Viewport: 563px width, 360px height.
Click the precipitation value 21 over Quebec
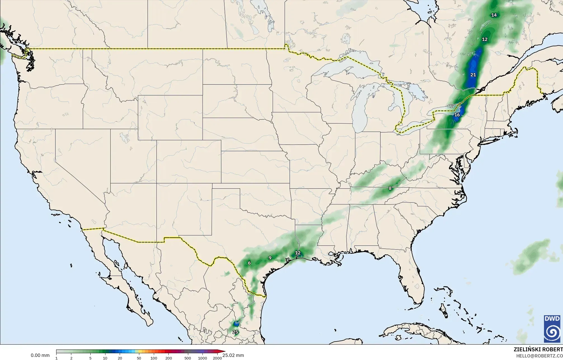pos(473,75)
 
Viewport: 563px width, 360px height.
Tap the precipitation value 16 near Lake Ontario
pos(457,115)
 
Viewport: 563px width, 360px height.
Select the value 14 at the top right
pos(494,15)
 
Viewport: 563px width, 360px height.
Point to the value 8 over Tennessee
pos(390,188)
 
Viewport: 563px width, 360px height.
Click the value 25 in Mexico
pos(235,332)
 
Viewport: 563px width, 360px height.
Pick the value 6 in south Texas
pos(249,263)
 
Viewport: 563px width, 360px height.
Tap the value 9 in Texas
pos(270,258)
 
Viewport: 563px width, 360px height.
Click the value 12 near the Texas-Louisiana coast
pos(298,253)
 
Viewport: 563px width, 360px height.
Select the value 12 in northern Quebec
pos(485,39)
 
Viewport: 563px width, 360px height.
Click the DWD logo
pos(552,329)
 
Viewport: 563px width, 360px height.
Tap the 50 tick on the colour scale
pos(139,358)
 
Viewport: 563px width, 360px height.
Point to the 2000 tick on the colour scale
pos(217,358)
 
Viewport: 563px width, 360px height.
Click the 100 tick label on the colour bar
pos(154,358)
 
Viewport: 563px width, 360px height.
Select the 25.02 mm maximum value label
pos(233,355)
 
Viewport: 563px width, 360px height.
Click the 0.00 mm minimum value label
pos(40,355)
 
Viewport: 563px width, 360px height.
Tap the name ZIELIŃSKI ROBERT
pos(538,349)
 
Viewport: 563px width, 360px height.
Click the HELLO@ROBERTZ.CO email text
pos(539,356)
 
